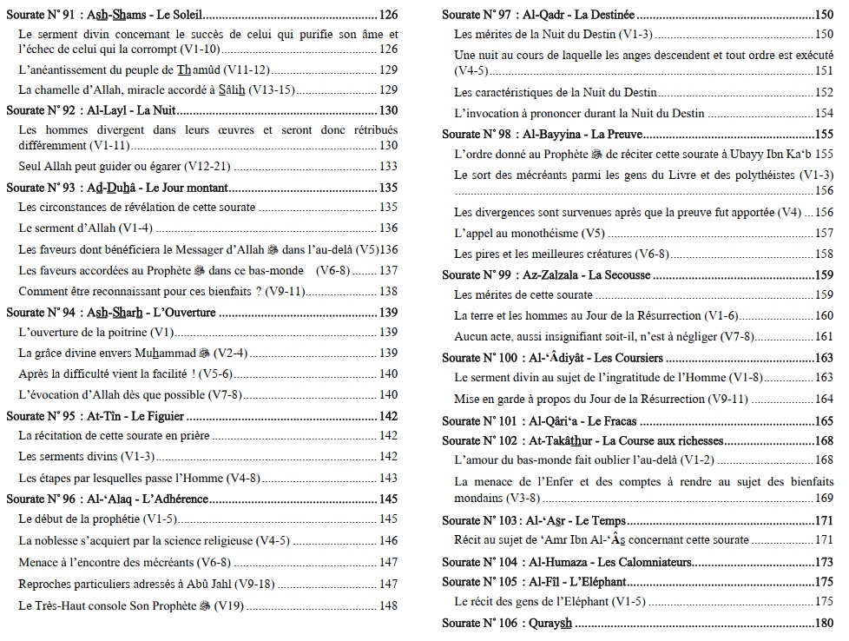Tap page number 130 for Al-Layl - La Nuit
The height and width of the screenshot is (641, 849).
[x=388, y=110]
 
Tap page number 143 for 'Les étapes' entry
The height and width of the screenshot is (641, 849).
[x=388, y=479]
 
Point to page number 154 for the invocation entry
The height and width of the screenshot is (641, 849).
[x=823, y=114]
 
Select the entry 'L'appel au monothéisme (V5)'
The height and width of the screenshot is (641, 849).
[x=530, y=234]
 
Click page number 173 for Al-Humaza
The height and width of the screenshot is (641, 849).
[x=823, y=562]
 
